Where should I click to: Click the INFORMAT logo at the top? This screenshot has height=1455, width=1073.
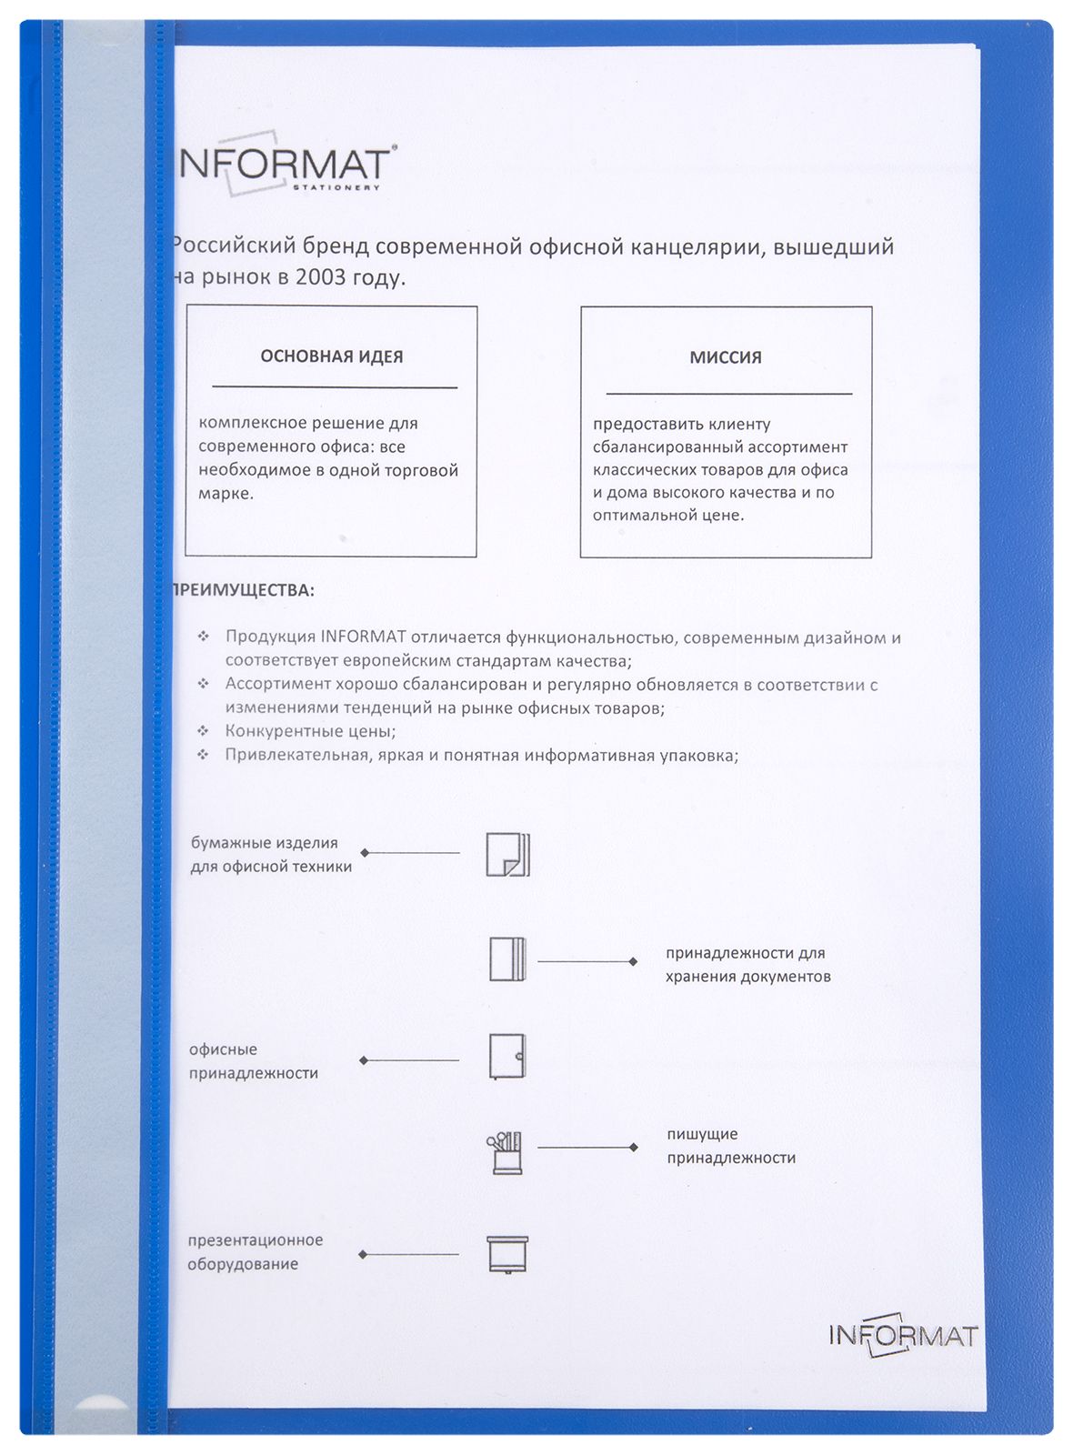coord(284,166)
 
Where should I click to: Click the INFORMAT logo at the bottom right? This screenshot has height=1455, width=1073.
coord(903,1335)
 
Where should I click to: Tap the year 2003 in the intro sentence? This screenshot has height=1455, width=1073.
coord(320,277)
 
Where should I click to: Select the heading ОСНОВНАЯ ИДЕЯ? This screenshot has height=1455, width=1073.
coord(332,356)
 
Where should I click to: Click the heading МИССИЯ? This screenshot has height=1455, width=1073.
coord(726,357)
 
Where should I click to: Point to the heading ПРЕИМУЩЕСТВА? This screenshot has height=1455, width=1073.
coord(243,590)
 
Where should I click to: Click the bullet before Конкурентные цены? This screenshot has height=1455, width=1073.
coord(204,731)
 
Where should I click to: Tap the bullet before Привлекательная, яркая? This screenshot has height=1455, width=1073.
coord(204,755)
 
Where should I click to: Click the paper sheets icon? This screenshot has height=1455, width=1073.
coord(507,854)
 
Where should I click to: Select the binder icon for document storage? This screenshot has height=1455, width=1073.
coord(507,959)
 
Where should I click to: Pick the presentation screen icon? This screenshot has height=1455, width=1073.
coord(507,1255)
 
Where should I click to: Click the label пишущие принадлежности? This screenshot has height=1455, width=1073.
coord(731,1146)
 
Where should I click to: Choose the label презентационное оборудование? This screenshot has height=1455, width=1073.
coord(255,1252)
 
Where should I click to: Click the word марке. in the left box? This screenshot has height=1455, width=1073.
coord(226,494)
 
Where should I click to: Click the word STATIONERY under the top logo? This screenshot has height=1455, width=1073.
coord(336,188)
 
